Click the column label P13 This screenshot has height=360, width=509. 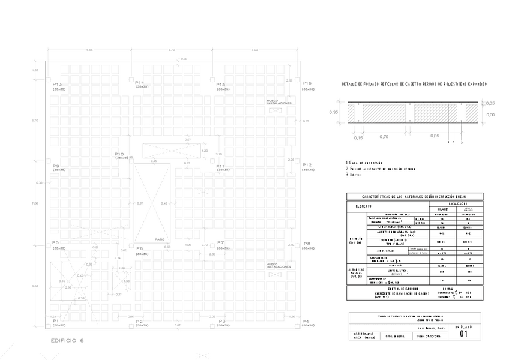click(58, 84)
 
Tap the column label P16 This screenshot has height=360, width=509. click(307, 83)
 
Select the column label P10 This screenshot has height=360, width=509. click(119, 154)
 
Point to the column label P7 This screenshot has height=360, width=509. click(221, 242)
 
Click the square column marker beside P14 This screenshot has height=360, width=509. click(131, 79)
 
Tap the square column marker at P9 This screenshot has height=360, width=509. click(48, 161)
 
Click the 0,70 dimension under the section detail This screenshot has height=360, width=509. click(384, 137)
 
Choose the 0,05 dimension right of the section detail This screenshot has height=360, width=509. click(490, 103)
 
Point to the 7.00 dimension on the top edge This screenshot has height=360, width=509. click(254, 50)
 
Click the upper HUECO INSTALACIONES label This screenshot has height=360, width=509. click(279, 102)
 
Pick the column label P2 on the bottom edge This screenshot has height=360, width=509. click(139, 322)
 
